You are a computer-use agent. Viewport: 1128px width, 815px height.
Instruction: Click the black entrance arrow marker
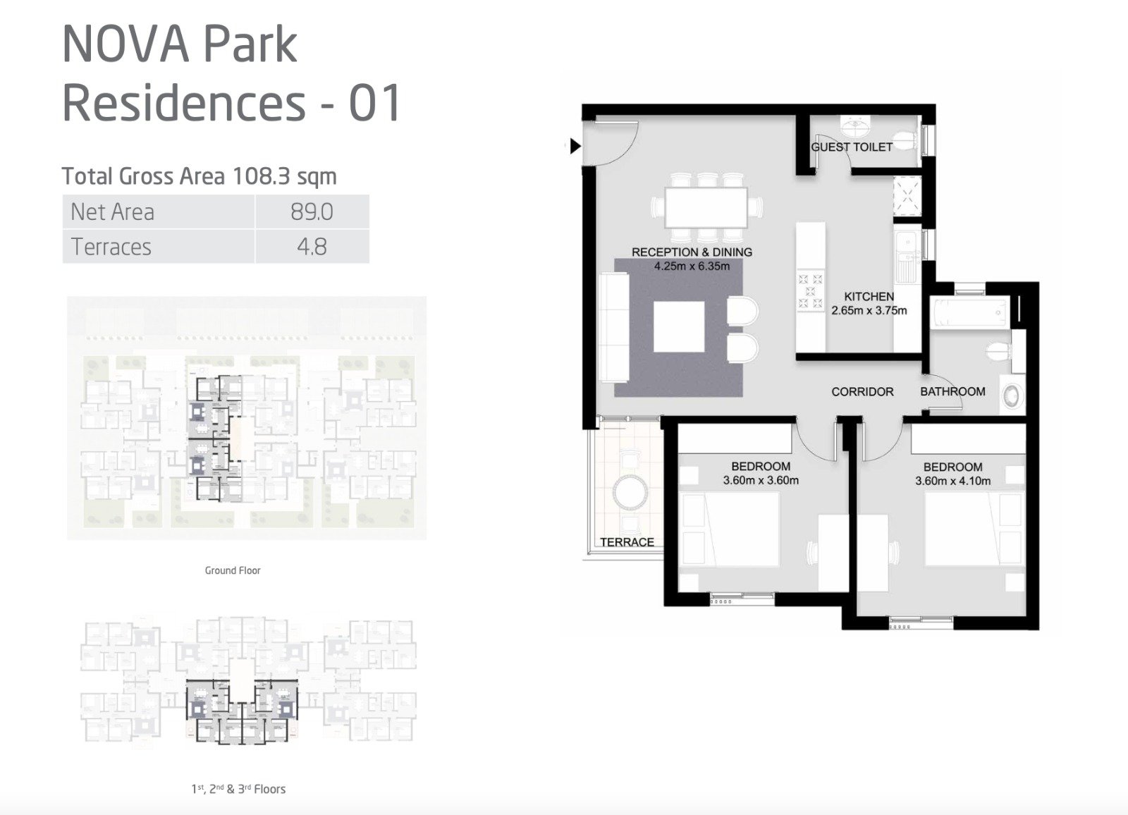click(575, 147)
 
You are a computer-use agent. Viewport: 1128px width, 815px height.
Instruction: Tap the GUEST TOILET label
click(852, 147)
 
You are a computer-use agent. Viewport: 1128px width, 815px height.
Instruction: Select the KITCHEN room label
click(869, 297)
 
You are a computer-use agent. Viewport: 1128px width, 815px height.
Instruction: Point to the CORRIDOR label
click(862, 391)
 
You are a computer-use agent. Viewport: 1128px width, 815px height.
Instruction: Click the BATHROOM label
click(952, 391)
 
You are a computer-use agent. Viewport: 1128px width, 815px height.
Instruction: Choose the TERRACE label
click(627, 542)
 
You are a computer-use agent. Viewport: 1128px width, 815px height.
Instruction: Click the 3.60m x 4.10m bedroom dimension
click(952, 481)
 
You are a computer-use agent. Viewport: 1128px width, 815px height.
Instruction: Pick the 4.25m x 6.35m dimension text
click(692, 266)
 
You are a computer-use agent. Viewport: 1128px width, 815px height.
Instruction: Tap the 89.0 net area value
click(312, 212)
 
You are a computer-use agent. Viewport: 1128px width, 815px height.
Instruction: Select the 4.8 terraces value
click(312, 247)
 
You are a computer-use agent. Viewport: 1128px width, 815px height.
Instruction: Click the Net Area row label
click(112, 212)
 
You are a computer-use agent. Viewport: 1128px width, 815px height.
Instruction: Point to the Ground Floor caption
click(233, 570)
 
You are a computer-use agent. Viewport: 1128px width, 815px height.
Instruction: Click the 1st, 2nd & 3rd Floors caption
click(238, 789)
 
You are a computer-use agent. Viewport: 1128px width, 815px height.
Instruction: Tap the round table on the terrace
click(630, 491)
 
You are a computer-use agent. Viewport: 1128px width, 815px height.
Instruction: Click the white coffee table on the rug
click(679, 327)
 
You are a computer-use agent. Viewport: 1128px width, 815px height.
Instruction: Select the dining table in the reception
click(706, 207)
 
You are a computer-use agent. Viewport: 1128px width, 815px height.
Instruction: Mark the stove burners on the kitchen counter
click(810, 291)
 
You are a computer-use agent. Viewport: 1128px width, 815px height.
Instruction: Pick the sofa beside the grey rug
click(614, 327)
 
